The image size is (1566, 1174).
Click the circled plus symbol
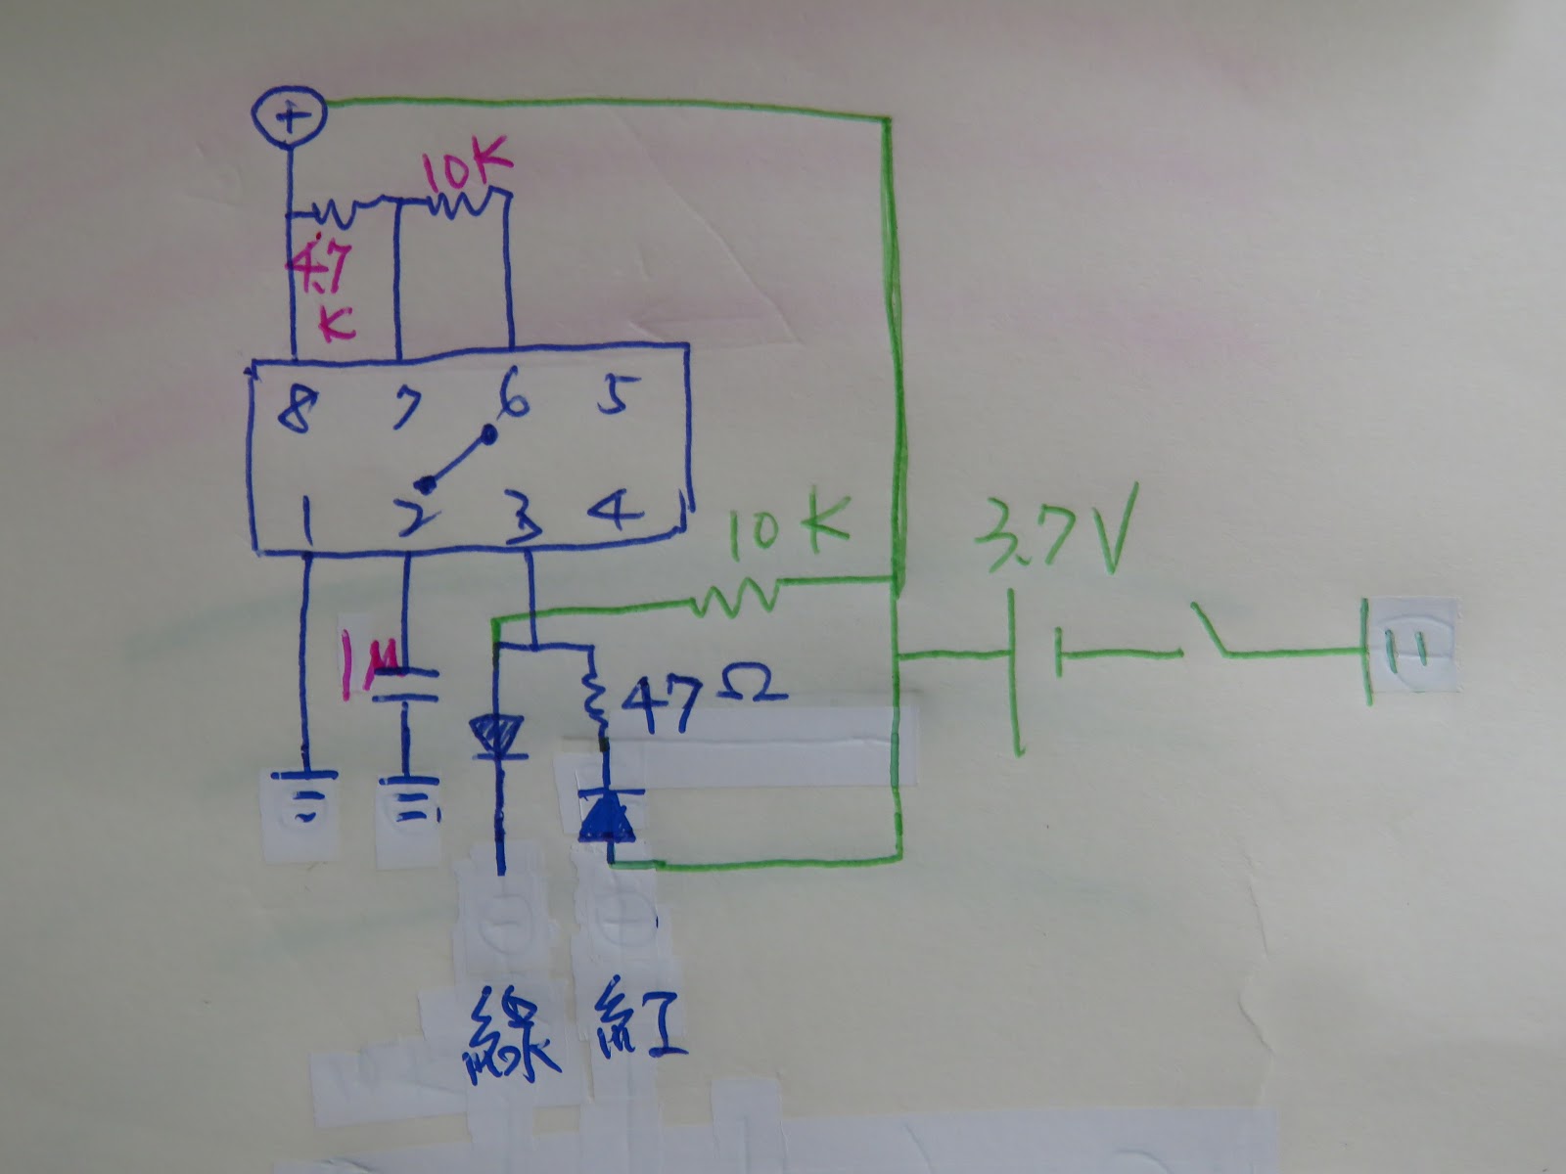[288, 117]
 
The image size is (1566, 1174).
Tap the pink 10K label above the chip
[464, 173]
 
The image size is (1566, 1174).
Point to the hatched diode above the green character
[499, 737]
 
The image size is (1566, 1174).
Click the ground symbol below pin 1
[304, 794]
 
